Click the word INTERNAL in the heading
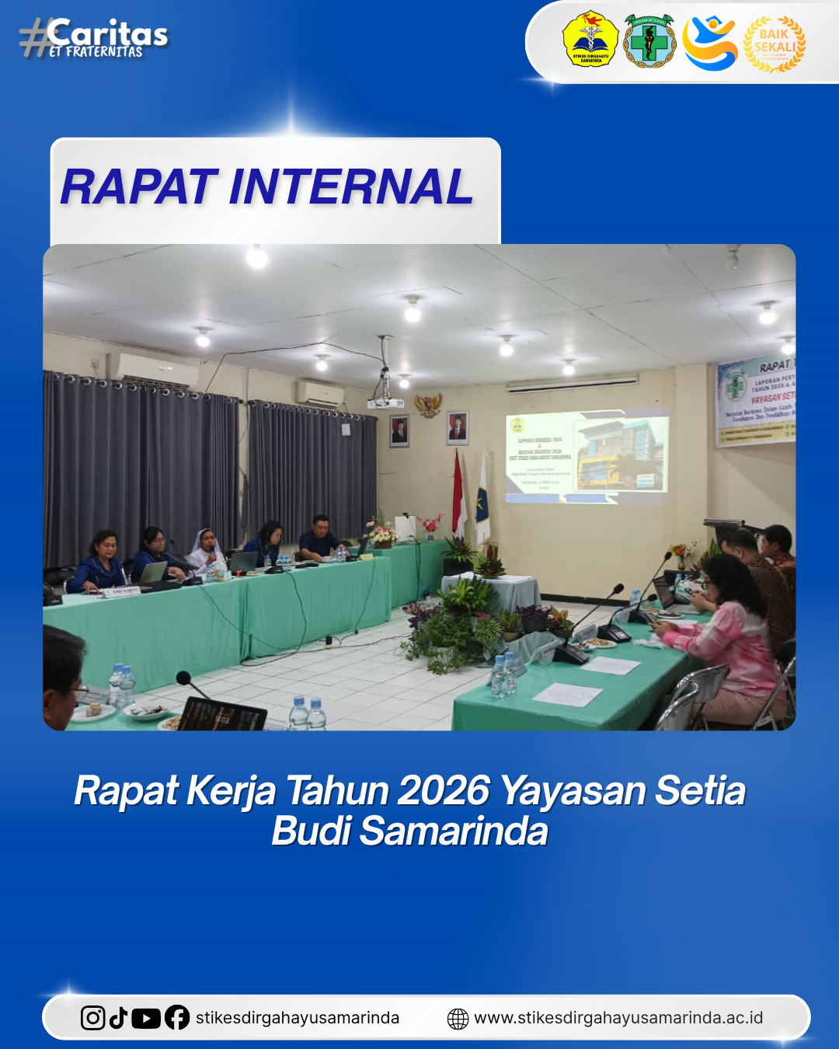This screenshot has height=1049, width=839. point(350,187)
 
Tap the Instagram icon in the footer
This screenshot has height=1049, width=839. point(93,1018)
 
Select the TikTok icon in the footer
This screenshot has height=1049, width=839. point(118,1018)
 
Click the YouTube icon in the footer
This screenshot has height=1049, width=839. point(146,1018)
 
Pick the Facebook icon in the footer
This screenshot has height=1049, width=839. point(177,1018)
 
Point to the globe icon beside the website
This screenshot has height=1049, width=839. point(458,1019)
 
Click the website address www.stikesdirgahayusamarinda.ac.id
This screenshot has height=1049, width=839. point(618,1018)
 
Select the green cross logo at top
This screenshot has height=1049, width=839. point(649,40)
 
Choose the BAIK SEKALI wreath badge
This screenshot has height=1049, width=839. point(775,44)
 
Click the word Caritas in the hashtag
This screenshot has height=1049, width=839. point(107,33)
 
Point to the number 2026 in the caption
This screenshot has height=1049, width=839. point(444,791)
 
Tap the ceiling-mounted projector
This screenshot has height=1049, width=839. point(385,401)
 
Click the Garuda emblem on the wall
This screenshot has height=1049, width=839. point(428,405)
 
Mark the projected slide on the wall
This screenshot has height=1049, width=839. point(587,454)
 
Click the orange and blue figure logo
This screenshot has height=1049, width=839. point(710,43)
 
